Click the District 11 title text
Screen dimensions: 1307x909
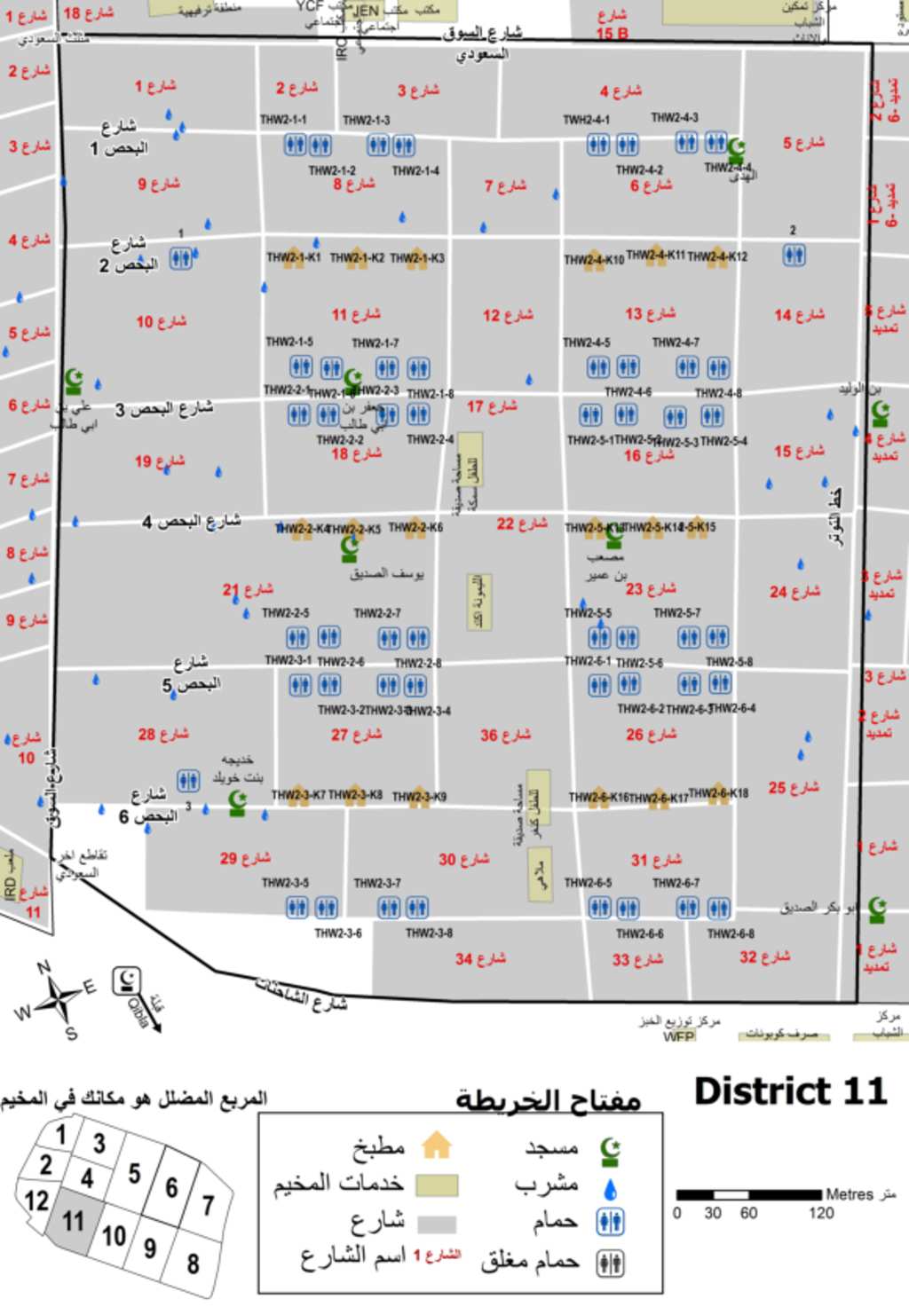point(790,1091)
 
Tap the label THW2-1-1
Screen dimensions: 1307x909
point(283,120)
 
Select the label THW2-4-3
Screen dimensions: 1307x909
point(675,117)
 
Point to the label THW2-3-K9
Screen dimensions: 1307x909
point(419,797)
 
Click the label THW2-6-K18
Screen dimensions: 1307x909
point(718,793)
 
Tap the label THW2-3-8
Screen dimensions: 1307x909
point(429,933)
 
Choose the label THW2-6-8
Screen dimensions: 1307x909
point(731,933)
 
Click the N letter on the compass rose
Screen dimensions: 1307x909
point(43,967)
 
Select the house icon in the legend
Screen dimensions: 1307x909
point(436,1146)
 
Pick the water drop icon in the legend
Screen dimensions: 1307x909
point(610,1189)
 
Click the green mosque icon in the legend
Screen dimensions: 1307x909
point(610,1151)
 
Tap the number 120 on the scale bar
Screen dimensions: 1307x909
point(821,1213)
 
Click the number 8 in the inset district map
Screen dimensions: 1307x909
point(193,1264)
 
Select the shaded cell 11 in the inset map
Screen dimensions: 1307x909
point(73,1222)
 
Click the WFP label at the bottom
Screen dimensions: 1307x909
point(678,1036)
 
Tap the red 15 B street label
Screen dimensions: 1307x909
point(612,34)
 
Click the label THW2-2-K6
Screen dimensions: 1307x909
point(415,527)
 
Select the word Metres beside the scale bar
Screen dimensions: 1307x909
point(850,1194)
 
